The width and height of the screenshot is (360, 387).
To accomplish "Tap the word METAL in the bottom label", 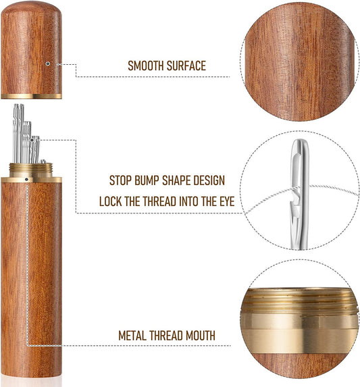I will point(134,335).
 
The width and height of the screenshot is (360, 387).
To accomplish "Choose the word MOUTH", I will point(199,335).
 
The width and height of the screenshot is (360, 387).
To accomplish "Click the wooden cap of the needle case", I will point(33,47).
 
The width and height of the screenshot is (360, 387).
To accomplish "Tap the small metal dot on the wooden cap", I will point(48,64).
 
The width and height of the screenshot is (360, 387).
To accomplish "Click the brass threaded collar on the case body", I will point(33,172).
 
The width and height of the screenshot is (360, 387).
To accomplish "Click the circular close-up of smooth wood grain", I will point(301,61).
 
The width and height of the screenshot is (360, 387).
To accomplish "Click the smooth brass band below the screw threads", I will point(301,327).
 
